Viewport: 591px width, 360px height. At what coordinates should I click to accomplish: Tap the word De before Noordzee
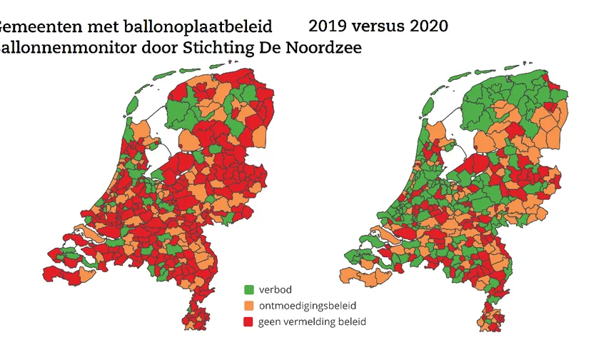[284, 48]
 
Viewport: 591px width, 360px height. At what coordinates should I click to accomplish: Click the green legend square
[249, 290]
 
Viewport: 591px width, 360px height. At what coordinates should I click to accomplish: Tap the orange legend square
[249, 306]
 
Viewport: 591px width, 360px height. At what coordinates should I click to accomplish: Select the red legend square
[249, 322]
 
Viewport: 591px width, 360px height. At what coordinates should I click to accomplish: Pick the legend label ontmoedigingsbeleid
[306, 306]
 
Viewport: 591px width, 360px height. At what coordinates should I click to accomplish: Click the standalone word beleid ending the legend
[353, 322]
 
